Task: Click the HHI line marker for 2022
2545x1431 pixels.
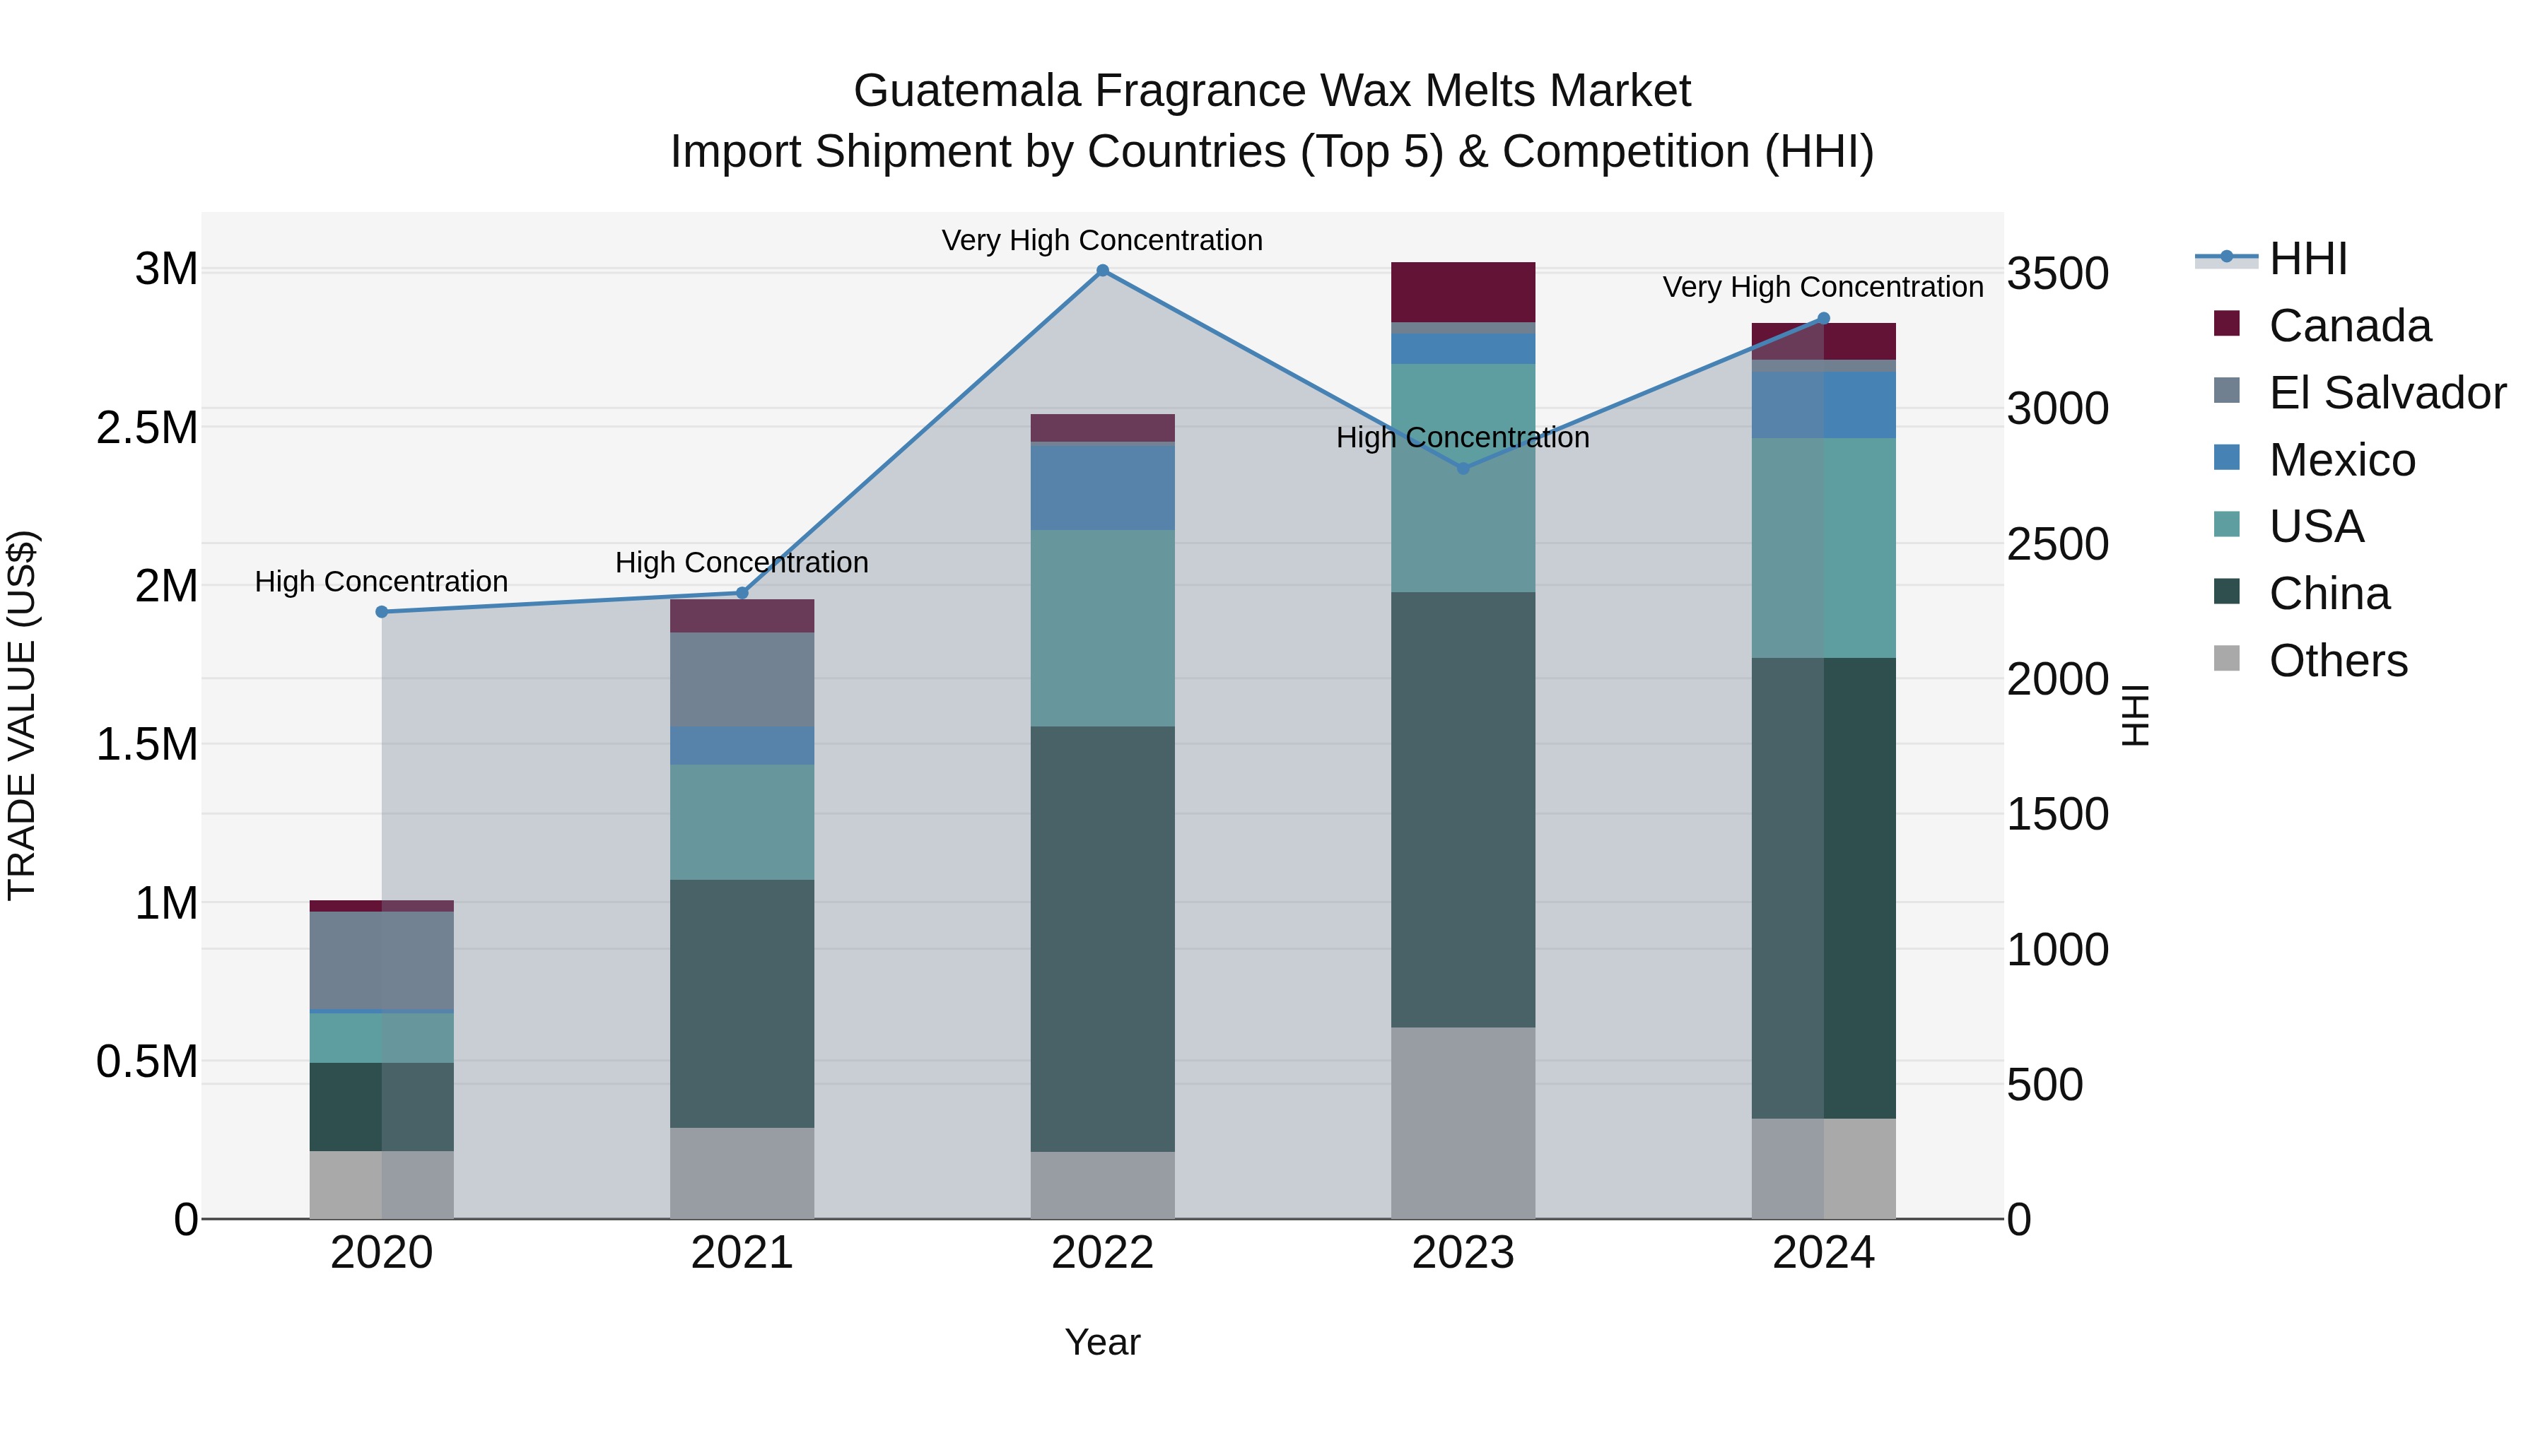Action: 1103,271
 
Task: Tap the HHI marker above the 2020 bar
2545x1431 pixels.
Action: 381,612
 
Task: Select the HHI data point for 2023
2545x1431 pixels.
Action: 1463,468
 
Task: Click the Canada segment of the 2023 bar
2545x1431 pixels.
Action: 1463,293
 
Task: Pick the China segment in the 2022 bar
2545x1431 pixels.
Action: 1103,938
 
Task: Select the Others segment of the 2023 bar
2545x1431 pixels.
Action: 1463,1123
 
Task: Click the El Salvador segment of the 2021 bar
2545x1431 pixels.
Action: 742,679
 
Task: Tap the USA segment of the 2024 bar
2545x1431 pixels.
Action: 1824,548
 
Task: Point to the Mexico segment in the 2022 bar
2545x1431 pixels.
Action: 1103,488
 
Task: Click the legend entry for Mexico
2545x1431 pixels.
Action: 2341,460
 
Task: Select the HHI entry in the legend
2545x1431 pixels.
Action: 2308,259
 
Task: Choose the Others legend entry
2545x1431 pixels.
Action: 2338,661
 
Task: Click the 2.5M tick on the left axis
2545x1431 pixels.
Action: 147,428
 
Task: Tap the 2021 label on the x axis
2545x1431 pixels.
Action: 742,1253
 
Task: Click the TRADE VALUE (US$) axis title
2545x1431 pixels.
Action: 22,715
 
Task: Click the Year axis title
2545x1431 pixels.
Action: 1103,1342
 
